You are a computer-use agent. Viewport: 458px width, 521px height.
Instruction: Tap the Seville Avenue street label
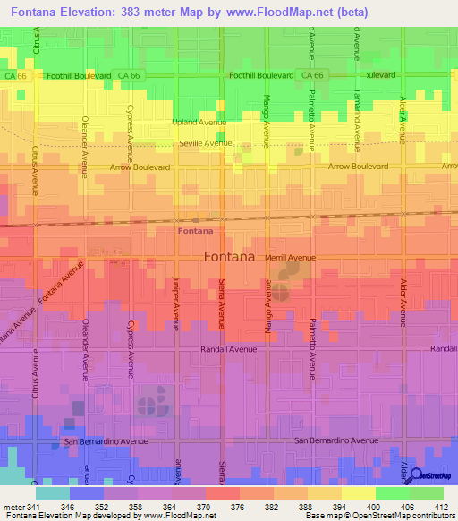[205, 143]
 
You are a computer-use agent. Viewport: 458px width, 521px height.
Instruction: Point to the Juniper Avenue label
[176, 303]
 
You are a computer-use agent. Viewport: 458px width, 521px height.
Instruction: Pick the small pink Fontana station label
[196, 231]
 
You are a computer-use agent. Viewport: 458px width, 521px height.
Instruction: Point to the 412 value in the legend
[440, 506]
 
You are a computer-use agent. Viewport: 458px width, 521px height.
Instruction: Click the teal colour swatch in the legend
[53, 492]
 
